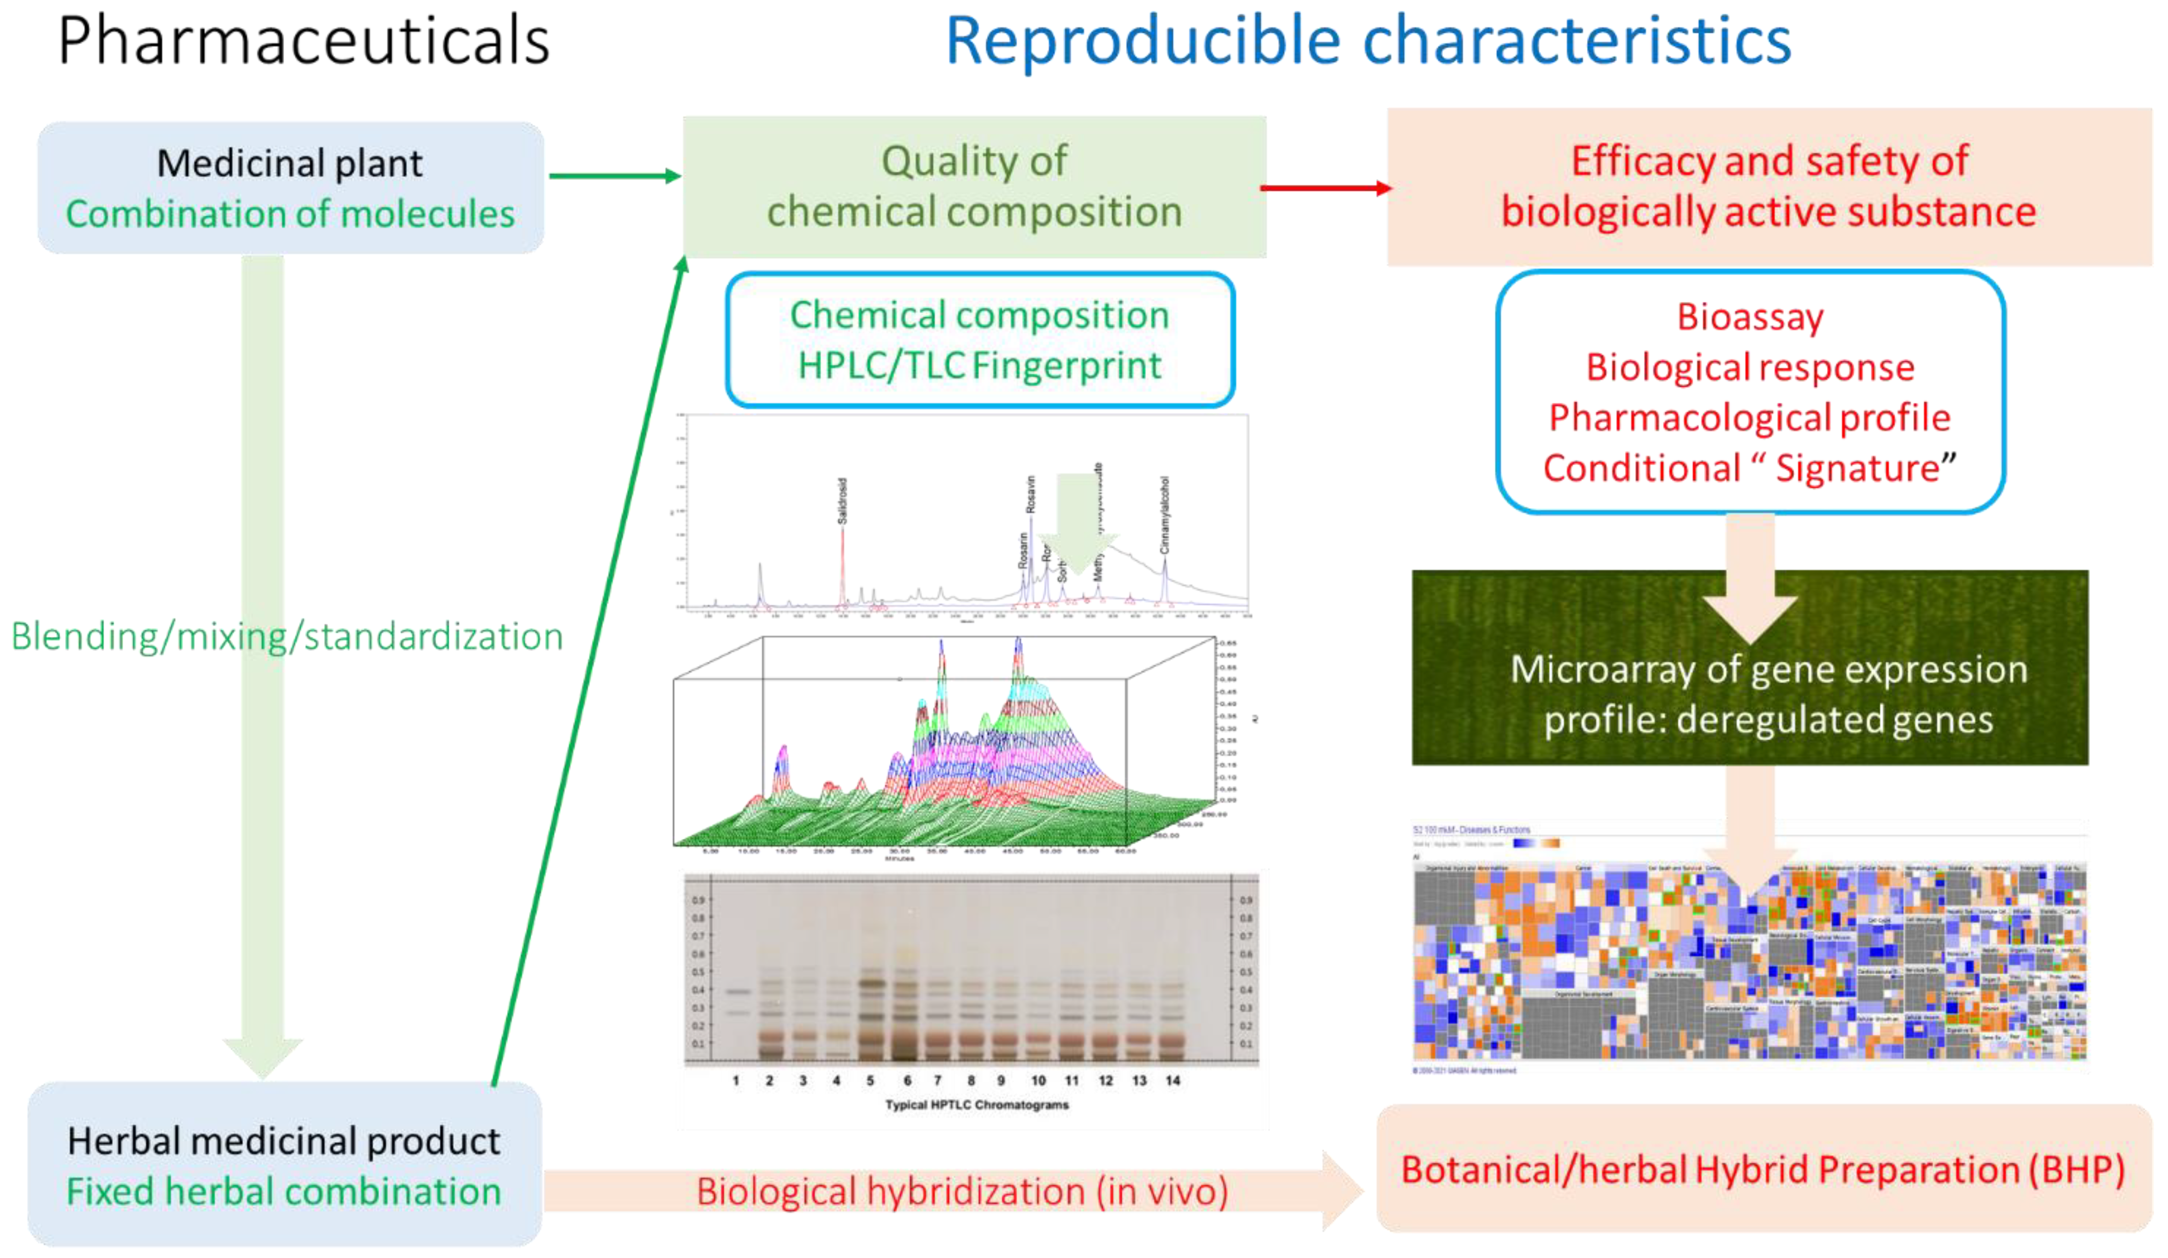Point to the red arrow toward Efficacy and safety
coord(1325,187)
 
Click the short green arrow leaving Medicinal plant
coord(613,176)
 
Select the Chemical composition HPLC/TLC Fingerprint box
coord(980,340)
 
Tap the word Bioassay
coord(1750,317)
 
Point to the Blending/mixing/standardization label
coord(286,637)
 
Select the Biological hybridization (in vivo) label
coord(962,1192)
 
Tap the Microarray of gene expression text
coord(1768,669)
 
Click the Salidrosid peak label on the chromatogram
coord(842,501)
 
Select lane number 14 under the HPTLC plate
coord(1173,1081)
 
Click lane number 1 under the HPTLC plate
coord(736,1081)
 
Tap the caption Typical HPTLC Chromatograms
coord(976,1105)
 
